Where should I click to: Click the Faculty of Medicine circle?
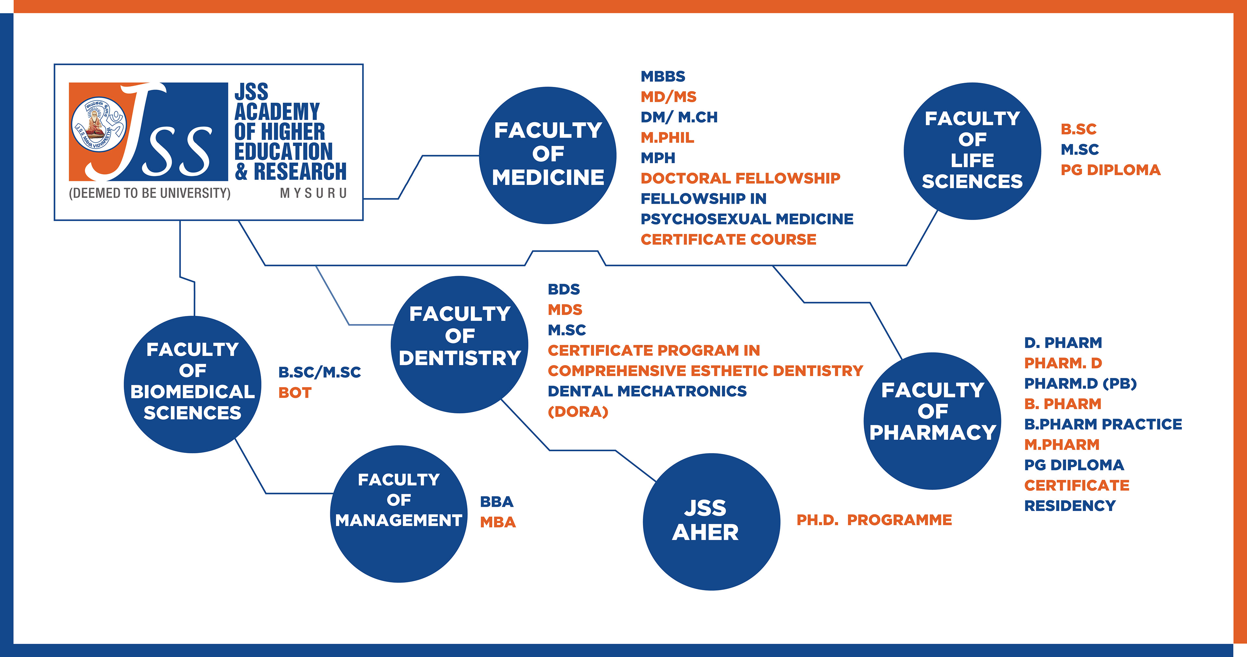click(x=548, y=155)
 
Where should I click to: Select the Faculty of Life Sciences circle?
click(x=972, y=151)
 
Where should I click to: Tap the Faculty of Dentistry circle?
click(x=460, y=345)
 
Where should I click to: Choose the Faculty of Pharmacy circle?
click(x=932, y=420)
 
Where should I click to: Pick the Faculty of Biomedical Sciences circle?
click(x=193, y=384)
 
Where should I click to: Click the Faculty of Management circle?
click(x=398, y=514)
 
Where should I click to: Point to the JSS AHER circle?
click(x=711, y=521)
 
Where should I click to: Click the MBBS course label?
click(x=663, y=77)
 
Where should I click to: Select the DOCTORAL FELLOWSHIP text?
click(x=740, y=178)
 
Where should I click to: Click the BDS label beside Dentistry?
click(x=563, y=289)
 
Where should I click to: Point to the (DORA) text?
click(x=577, y=412)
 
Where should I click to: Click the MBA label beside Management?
click(x=498, y=522)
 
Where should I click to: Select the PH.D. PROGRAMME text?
click(x=874, y=520)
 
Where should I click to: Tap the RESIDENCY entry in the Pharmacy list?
click(x=1070, y=505)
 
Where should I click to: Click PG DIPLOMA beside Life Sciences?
click(x=1111, y=170)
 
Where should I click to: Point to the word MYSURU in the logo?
click(x=313, y=193)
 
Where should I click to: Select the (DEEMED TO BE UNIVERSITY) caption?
click(x=150, y=193)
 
